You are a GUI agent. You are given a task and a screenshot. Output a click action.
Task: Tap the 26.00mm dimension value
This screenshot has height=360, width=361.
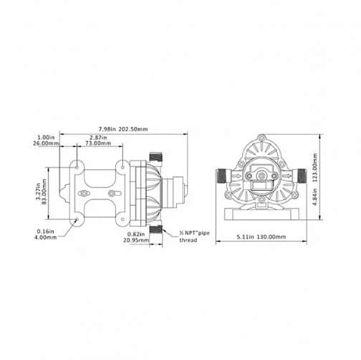[x=45, y=143]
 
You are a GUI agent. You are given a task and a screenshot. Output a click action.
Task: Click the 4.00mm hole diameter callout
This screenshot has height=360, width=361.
[x=45, y=237]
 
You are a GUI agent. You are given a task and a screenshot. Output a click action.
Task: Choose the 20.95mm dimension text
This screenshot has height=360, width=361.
[x=136, y=240]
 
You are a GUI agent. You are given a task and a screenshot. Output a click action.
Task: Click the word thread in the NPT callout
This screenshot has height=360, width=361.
[x=188, y=240]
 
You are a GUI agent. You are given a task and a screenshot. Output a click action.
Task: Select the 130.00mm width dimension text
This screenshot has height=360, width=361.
[x=271, y=237]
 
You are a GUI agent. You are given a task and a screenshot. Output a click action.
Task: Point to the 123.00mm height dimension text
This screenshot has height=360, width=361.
[x=315, y=168]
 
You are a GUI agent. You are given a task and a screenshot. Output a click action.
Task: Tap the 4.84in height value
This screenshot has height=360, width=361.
[x=315, y=196]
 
